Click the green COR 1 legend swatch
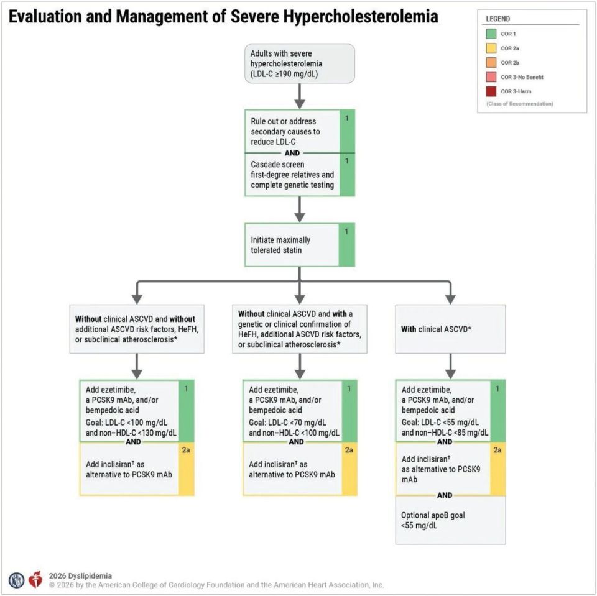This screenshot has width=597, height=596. [491, 34]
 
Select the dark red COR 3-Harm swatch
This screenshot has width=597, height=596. [491, 91]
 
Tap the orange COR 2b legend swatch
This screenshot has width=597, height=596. [491, 62]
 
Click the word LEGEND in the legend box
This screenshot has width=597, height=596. [497, 19]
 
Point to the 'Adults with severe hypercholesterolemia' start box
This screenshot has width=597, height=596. [300, 63]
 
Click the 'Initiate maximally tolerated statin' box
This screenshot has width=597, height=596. [300, 245]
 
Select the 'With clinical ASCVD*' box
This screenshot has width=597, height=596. [450, 329]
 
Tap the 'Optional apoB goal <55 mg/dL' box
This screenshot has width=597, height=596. [450, 520]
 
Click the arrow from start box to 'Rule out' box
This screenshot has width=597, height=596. [300, 96]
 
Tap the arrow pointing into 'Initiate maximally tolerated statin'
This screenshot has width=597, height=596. [300, 209]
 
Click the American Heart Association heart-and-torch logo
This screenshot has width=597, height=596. [36, 579]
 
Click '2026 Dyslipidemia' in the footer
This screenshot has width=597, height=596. [80, 576]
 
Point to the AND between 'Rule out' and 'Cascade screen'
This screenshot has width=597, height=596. [292, 153]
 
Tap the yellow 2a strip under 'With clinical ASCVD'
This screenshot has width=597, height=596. [497, 469]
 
